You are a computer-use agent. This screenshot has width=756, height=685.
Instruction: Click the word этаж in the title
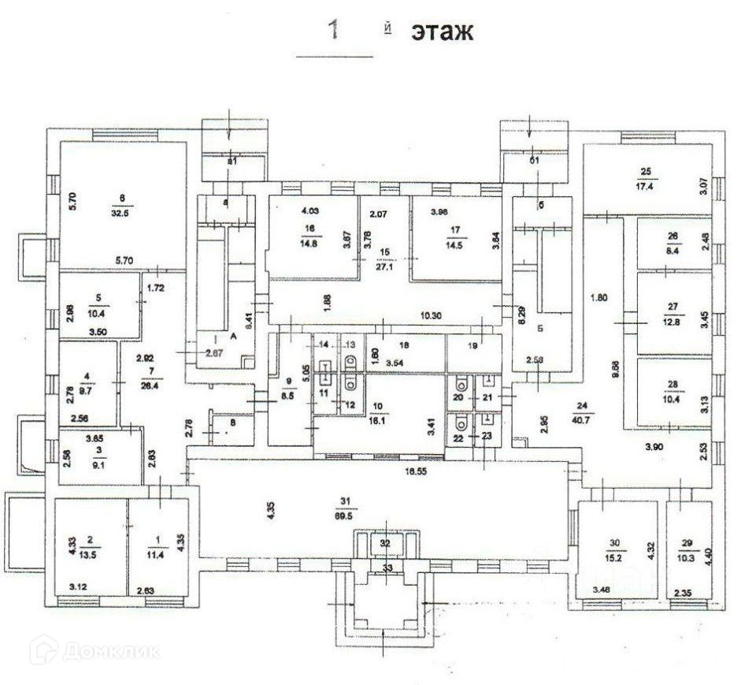coord(441,32)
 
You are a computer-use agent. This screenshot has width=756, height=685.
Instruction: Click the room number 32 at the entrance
coord(385,543)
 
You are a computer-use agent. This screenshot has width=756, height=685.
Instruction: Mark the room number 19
coord(473,344)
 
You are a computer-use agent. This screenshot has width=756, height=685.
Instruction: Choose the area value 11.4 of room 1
coord(158,552)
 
